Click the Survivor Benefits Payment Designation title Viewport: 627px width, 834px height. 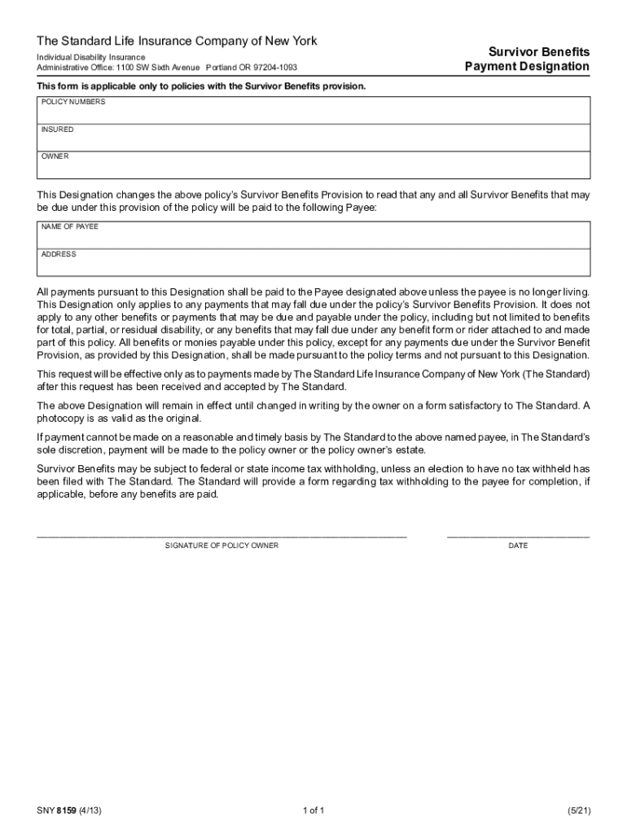[x=527, y=59]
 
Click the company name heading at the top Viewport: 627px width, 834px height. [x=177, y=41]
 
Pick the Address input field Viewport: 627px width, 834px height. [x=313, y=263]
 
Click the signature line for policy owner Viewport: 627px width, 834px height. [x=221, y=534]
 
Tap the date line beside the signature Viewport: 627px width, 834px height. [x=518, y=534]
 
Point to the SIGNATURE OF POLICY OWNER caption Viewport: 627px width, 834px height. [x=221, y=546]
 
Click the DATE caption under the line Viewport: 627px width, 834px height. [x=518, y=546]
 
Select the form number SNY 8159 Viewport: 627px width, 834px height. [x=68, y=810]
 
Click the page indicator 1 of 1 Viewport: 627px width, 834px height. [x=313, y=810]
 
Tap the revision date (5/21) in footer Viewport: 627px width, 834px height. [x=578, y=810]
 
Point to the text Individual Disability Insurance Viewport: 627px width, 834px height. [x=90, y=57]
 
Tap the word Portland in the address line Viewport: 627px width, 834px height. [x=221, y=68]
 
